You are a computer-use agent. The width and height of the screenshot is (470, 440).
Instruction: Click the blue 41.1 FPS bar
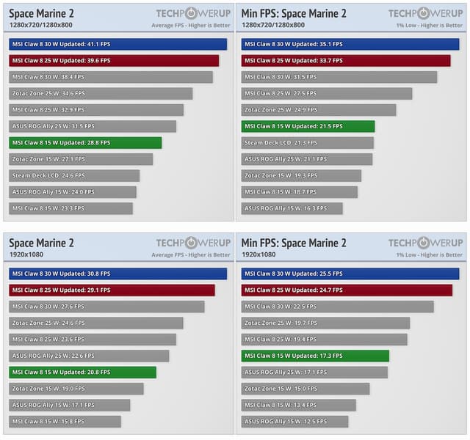tap(117, 44)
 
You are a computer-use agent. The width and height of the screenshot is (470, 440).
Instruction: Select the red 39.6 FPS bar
tap(114, 61)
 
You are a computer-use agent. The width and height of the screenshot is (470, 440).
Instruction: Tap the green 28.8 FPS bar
tap(85, 143)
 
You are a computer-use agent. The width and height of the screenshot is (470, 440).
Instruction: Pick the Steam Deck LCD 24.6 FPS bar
tap(74, 176)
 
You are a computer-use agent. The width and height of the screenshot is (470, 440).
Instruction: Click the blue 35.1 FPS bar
tap(350, 44)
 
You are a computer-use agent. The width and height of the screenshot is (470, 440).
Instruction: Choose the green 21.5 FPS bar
tap(308, 126)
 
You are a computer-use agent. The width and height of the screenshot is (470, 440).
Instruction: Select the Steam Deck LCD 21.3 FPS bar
tap(307, 143)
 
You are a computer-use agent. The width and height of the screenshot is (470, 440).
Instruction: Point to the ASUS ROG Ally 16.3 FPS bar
tap(292, 208)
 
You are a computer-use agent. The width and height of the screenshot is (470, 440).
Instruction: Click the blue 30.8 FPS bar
tap(117, 274)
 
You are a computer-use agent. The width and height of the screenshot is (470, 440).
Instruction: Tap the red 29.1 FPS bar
tap(112, 290)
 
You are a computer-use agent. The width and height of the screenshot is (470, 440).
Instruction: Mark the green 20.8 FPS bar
tap(82, 373)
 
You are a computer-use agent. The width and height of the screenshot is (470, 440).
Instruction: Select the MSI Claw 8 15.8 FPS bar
tap(65, 422)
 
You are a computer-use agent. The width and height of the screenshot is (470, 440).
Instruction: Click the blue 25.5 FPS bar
tap(350, 274)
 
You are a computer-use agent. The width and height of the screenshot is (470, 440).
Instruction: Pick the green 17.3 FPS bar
tap(315, 356)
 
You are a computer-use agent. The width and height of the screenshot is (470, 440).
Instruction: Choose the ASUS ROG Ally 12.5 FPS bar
tap(294, 422)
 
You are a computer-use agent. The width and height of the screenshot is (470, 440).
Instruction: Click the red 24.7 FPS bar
tap(347, 290)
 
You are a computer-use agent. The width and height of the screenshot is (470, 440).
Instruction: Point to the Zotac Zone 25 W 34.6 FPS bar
tap(101, 94)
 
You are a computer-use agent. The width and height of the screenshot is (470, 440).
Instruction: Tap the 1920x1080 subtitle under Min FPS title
tap(258, 254)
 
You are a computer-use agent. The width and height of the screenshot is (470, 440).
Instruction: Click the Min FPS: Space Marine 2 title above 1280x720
tap(294, 13)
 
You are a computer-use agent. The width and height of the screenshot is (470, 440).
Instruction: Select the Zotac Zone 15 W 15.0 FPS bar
tap(305, 389)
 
